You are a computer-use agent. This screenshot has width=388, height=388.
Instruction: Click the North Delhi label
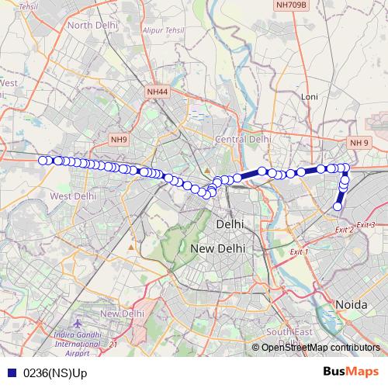pyautogui.click(x=92, y=25)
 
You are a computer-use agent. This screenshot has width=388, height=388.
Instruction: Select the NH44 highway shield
pyautogui.click(x=157, y=92)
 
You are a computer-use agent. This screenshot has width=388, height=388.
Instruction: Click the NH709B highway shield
pyautogui.click(x=291, y=5)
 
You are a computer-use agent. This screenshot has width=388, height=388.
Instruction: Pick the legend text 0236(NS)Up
pyautogui.click(x=55, y=373)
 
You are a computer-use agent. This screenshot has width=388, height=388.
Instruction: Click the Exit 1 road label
pyautogui.click(x=299, y=252)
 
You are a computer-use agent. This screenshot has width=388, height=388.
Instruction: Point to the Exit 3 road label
pyautogui.click(x=366, y=225)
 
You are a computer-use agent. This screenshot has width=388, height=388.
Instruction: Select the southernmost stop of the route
pyautogui.click(x=338, y=206)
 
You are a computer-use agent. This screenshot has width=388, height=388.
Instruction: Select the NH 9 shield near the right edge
pyautogui.click(x=359, y=143)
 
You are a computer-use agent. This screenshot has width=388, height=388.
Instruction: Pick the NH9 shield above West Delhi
pyautogui.click(x=118, y=139)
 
